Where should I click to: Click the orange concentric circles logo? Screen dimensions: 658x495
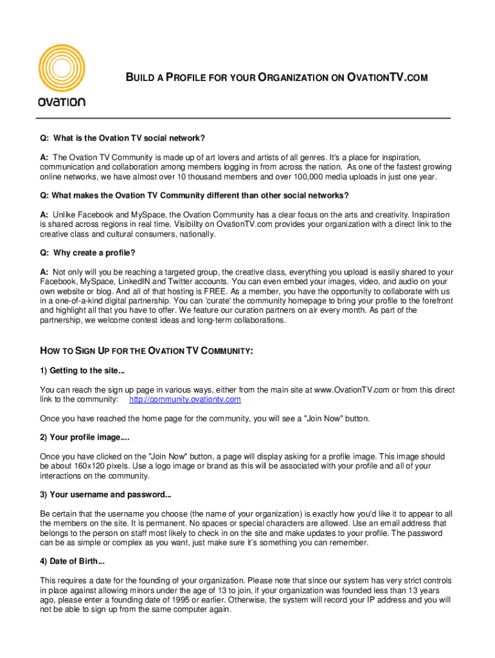click(x=62, y=62)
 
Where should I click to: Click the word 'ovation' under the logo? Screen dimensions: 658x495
click(x=62, y=102)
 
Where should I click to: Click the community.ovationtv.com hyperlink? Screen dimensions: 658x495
click(x=185, y=399)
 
